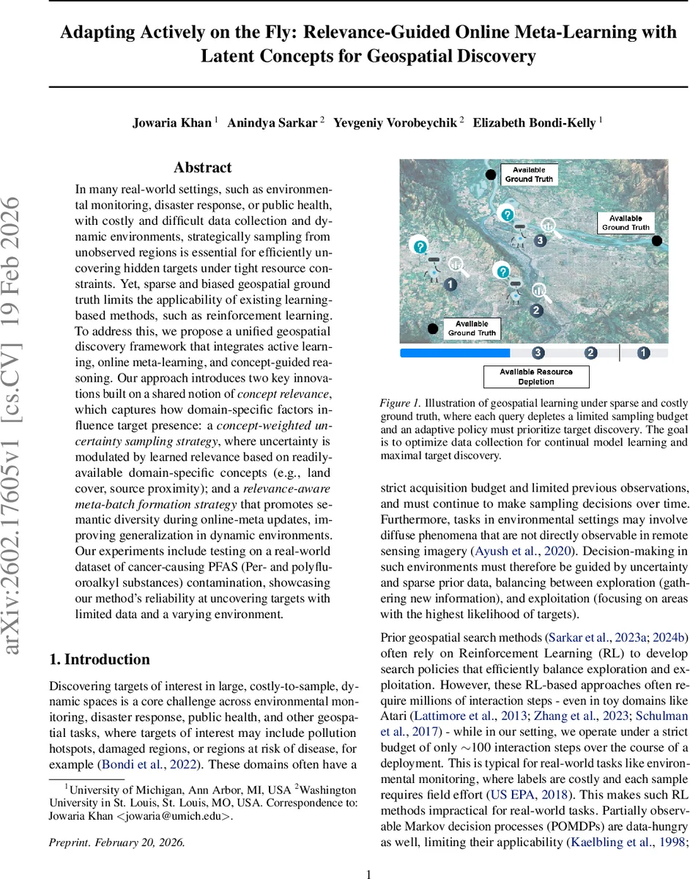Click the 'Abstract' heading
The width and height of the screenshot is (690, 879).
(x=203, y=168)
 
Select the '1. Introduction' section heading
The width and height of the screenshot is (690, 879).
(x=100, y=659)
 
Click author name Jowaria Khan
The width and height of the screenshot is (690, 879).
(x=172, y=123)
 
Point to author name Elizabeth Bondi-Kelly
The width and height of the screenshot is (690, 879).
(x=534, y=123)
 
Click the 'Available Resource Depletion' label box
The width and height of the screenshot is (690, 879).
(x=536, y=377)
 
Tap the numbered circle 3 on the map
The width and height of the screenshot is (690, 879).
(x=540, y=240)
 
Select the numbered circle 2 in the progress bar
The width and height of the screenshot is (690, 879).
(x=591, y=353)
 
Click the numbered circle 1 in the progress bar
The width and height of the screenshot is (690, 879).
(x=643, y=353)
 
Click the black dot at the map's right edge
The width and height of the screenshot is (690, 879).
(x=657, y=240)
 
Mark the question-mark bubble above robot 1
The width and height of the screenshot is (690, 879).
(x=420, y=248)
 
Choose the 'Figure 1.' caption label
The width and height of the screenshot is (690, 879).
(x=400, y=403)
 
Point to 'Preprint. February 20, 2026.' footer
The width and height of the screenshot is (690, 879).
(x=117, y=842)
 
